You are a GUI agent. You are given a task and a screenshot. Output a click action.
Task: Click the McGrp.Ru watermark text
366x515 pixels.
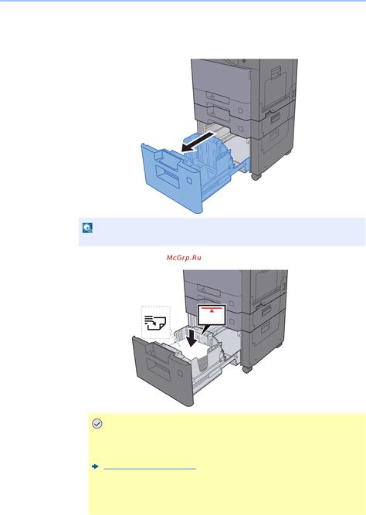(x=184, y=258)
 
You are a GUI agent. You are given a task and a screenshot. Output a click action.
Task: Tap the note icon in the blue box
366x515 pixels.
(x=87, y=228)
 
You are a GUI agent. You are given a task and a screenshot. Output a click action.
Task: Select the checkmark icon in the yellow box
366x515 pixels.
(x=97, y=424)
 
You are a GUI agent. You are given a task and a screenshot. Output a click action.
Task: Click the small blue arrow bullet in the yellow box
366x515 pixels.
(x=95, y=466)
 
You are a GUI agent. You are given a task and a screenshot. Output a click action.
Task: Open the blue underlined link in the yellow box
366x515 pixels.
(x=150, y=469)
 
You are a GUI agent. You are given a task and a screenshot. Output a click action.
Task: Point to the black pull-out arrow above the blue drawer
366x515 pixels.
(x=199, y=141)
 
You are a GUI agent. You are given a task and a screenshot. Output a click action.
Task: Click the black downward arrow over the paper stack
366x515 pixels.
(x=191, y=337)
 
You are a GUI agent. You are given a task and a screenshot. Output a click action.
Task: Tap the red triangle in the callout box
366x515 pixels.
(x=212, y=310)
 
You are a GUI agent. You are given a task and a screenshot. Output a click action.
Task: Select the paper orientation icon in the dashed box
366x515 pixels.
(x=155, y=323)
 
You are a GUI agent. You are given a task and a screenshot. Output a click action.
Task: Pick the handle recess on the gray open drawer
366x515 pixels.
(x=158, y=369)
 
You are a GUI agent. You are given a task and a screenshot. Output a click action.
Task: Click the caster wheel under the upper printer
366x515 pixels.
(x=256, y=176)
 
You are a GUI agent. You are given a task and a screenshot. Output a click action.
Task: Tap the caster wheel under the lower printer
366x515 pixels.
(x=247, y=369)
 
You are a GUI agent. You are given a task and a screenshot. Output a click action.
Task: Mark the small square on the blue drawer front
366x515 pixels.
(x=189, y=181)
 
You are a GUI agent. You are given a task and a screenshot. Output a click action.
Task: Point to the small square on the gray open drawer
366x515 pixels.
(x=180, y=373)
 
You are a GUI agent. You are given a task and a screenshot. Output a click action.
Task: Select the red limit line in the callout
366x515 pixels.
(x=212, y=308)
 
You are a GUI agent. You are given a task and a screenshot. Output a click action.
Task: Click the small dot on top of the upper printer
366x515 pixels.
(x=244, y=61)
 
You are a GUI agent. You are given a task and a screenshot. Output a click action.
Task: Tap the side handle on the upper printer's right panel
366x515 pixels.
(x=276, y=117)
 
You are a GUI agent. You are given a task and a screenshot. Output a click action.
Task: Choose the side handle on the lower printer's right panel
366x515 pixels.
(x=266, y=310)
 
